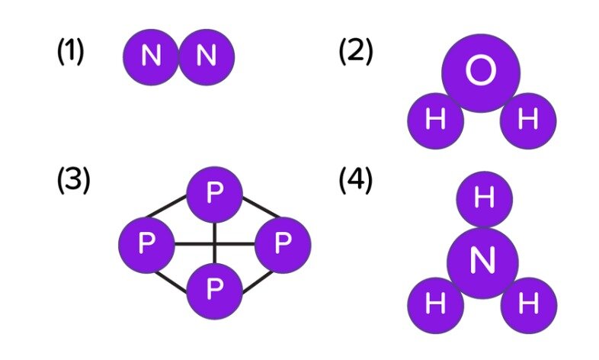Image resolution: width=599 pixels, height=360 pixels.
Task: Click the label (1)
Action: click(x=70, y=52)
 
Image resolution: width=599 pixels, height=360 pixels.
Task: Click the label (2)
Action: click(x=356, y=52)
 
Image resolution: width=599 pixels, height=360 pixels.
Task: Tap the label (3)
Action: click(x=73, y=181)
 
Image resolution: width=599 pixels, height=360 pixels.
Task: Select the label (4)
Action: click(x=356, y=181)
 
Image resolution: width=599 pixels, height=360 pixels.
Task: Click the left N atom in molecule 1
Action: click(x=151, y=57)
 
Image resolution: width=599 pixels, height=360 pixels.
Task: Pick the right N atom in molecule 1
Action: click(x=207, y=57)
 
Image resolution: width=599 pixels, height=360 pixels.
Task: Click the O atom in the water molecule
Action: click(x=481, y=73)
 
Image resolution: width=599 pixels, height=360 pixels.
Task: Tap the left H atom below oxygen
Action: click(x=436, y=121)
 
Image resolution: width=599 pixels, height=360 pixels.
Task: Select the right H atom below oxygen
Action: click(x=528, y=121)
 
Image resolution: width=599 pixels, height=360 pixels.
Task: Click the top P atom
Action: click(x=215, y=194)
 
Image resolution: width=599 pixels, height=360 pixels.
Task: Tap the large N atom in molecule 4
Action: click(x=483, y=263)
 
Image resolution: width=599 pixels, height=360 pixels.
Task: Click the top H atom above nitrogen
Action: click(x=485, y=199)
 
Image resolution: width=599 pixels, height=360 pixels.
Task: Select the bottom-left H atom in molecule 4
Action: click(x=436, y=305)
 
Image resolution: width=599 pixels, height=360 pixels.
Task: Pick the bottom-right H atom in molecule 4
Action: click(x=529, y=305)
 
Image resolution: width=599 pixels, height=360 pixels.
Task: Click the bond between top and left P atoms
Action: click(x=167, y=207)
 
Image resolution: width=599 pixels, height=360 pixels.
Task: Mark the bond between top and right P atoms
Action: click(x=261, y=207)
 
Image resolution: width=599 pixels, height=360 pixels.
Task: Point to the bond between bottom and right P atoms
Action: click(x=258, y=282)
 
